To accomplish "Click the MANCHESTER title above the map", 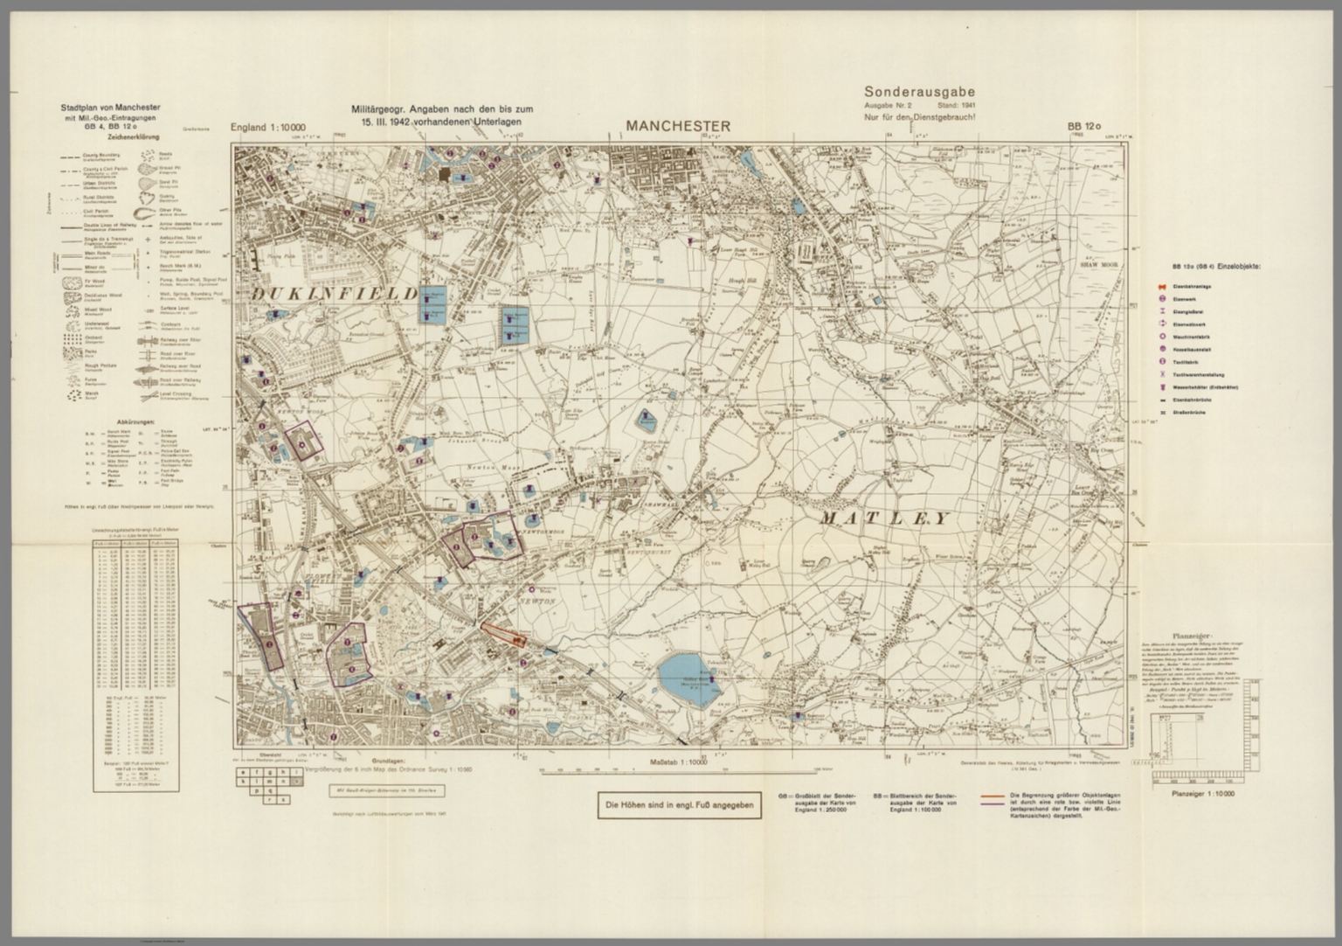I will coord(677,126).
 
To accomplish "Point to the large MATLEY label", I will coord(884,518).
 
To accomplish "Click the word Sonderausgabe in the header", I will coord(919,91).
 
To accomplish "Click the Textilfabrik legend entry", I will coord(1186,360).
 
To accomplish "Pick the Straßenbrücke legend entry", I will coord(1186,411).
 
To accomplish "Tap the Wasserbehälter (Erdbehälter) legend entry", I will coord(1197,386).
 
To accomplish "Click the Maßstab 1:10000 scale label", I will coord(677,763).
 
